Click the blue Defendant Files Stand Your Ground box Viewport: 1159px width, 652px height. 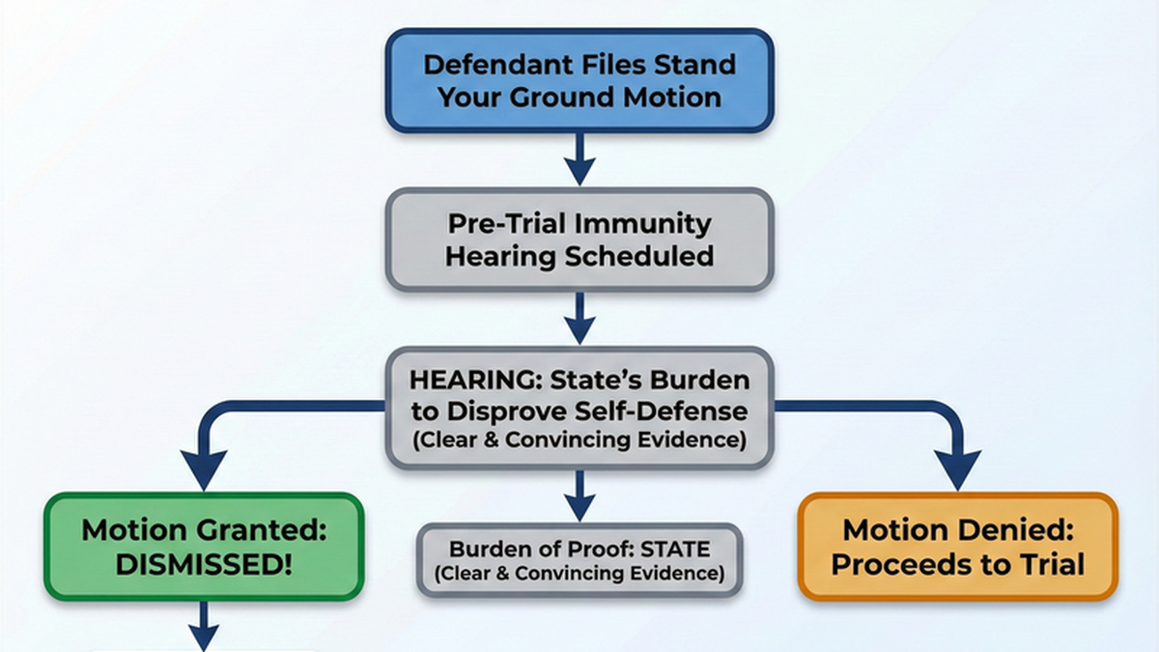(x=579, y=80)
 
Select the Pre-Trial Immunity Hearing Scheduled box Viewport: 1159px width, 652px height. (x=579, y=240)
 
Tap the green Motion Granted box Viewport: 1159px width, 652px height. (x=204, y=547)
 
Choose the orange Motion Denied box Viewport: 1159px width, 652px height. (x=957, y=547)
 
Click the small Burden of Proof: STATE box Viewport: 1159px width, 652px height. (x=579, y=560)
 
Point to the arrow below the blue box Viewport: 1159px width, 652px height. (x=579, y=159)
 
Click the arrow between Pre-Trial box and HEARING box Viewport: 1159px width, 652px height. (x=579, y=318)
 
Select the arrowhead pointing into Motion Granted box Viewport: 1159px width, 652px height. (x=204, y=474)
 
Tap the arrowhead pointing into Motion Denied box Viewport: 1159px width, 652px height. (x=957, y=474)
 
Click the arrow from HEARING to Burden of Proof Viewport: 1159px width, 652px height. (x=579, y=496)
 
